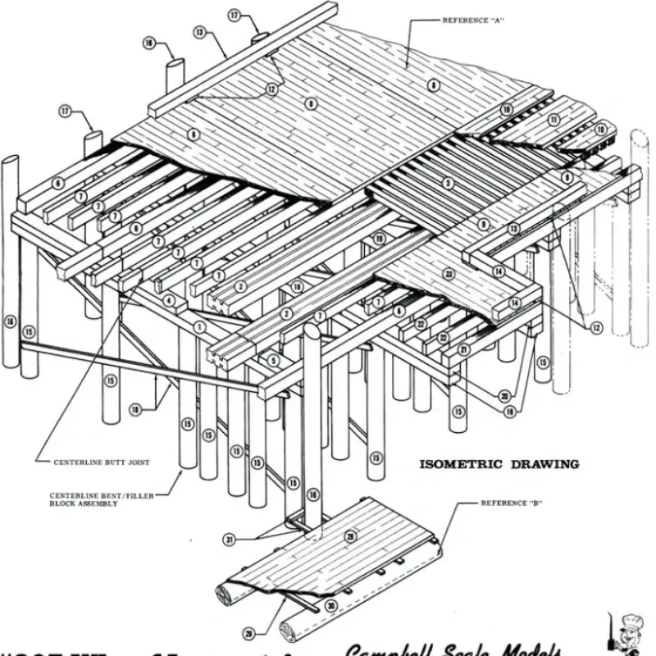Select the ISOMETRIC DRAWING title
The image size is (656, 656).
point(499,464)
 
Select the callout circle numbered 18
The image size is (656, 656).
point(134,408)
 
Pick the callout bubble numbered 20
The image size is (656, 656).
point(503,396)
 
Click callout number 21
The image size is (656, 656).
point(462,350)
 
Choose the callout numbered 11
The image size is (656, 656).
point(554,120)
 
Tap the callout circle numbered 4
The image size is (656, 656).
point(169,301)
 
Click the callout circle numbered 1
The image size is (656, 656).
point(198,326)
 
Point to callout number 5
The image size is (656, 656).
point(275,359)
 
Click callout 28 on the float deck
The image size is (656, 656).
point(350,536)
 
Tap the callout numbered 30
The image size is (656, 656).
point(330,607)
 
